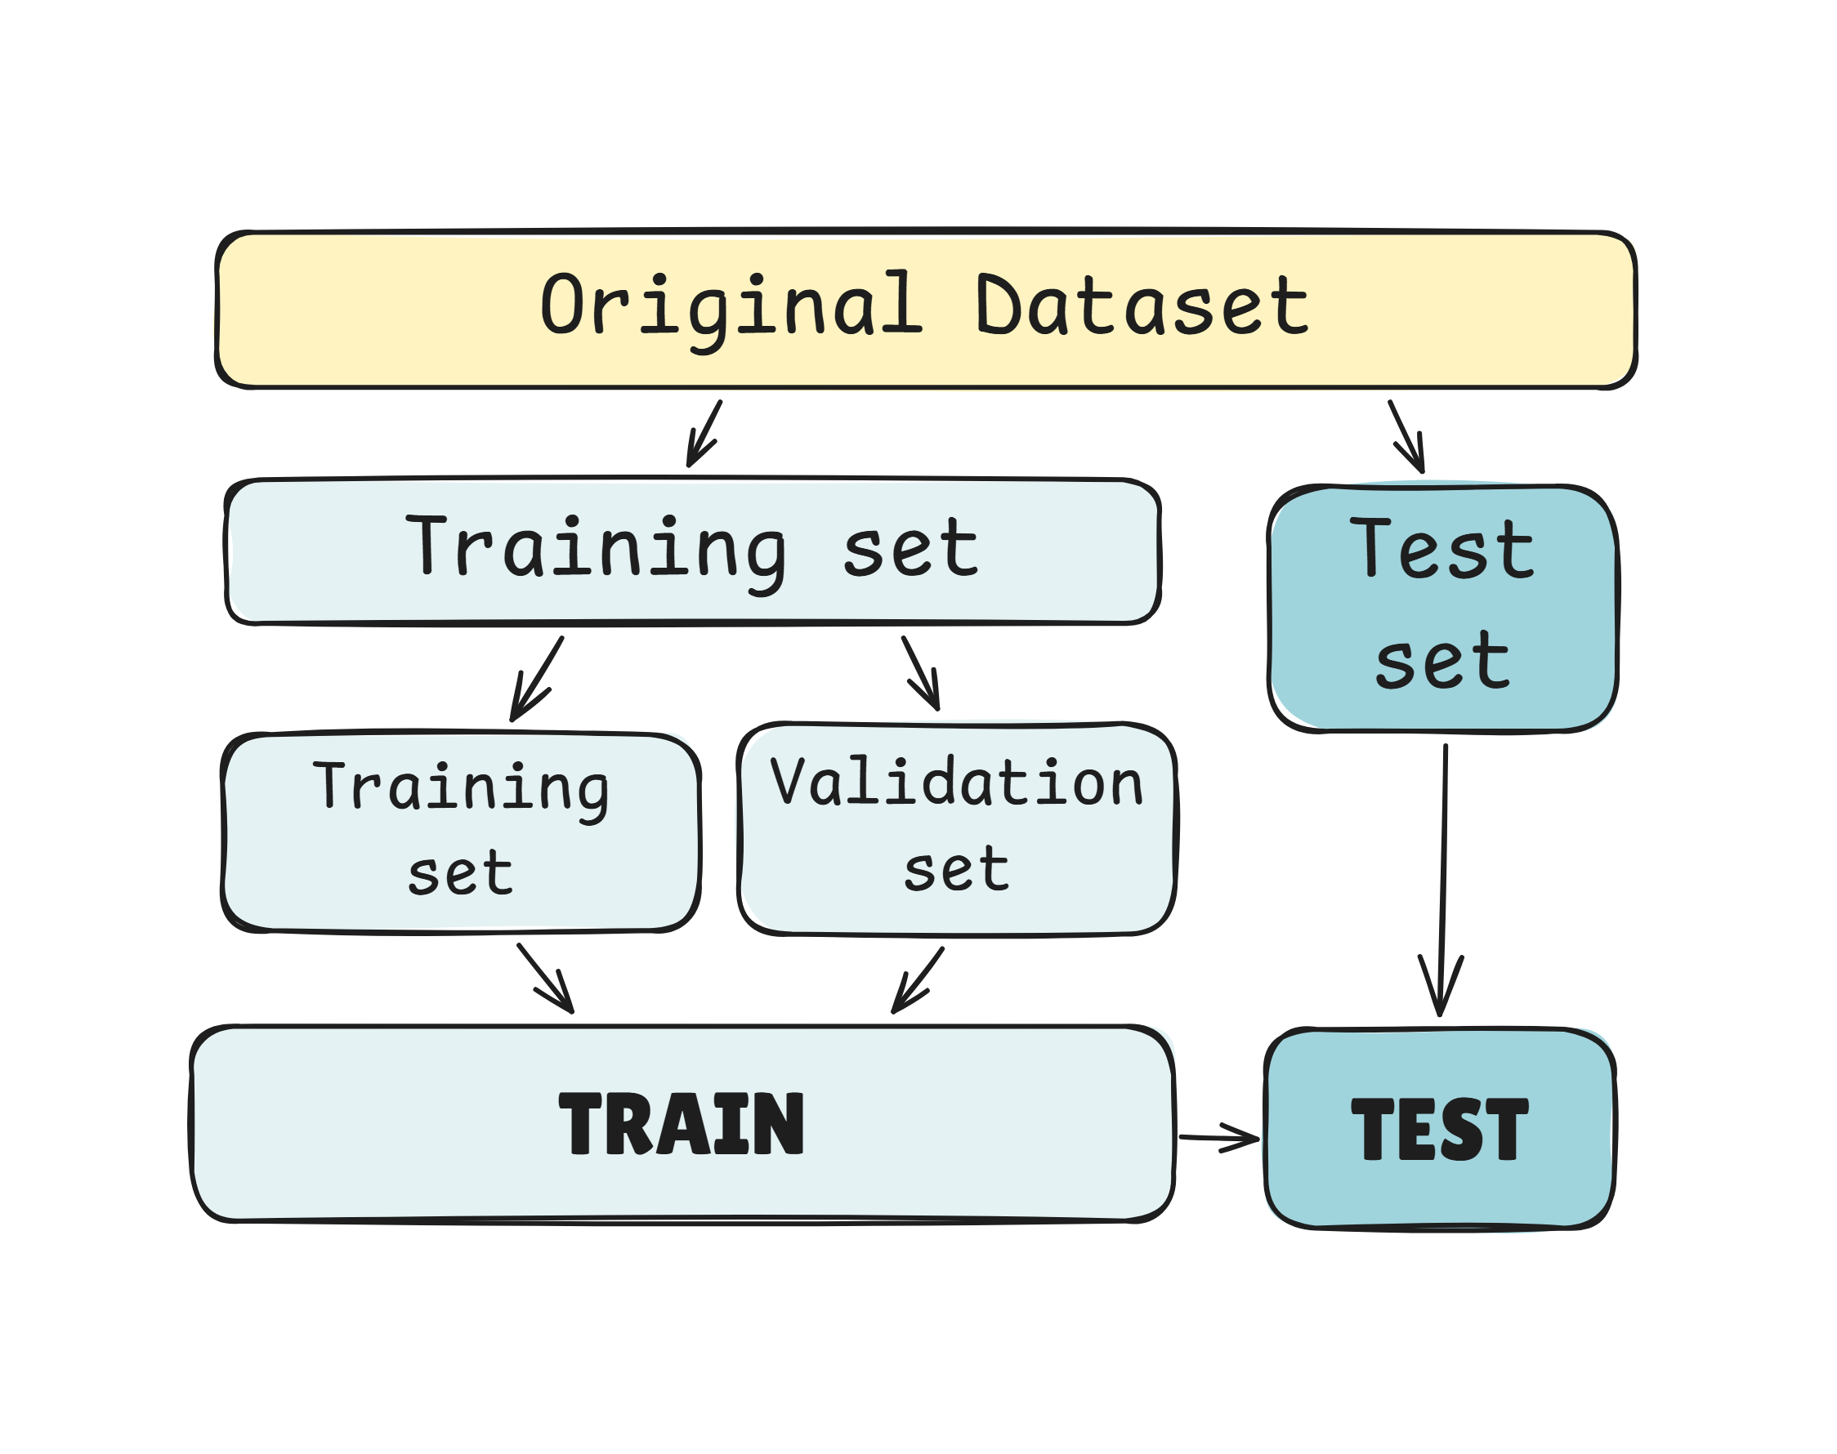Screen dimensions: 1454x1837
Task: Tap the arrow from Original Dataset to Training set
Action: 704,433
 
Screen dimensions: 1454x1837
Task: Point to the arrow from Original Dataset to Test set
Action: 1406,435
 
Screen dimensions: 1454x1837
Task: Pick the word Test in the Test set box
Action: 1441,549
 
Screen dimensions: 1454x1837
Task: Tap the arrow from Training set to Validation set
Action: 921,672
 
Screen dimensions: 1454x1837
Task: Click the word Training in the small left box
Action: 461,787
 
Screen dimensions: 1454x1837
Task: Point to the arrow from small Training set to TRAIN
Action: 546,978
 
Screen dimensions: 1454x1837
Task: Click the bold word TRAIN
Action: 681,1125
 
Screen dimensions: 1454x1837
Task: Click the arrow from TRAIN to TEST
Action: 1218,1137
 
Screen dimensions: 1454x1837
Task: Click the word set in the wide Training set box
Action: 910,549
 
